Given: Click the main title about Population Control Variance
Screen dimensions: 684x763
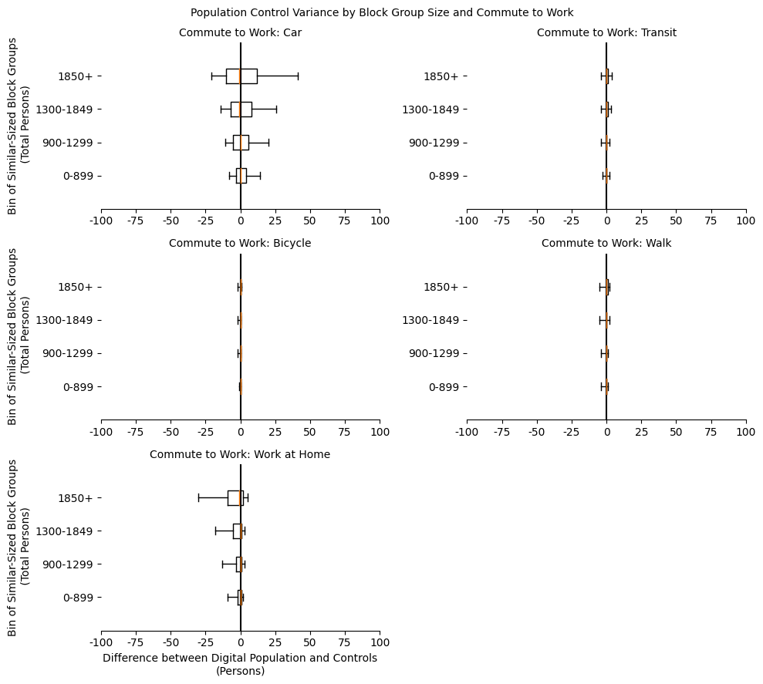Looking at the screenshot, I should pyautogui.click(x=381, y=12).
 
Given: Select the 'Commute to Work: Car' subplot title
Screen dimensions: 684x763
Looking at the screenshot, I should pyautogui.click(x=240, y=32).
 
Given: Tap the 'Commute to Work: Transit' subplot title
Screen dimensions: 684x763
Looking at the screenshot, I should pyautogui.click(x=606, y=32).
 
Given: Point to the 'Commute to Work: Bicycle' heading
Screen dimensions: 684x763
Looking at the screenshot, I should pyautogui.click(x=240, y=243).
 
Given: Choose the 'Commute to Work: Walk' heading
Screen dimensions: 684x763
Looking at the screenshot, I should pyautogui.click(x=606, y=243).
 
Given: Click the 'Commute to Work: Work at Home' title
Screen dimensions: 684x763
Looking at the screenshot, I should pyautogui.click(x=240, y=454).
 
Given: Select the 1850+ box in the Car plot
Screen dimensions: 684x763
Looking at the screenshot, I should pyautogui.click(x=241, y=76).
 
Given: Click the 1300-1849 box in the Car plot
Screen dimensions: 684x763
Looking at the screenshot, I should pyautogui.click(x=241, y=110).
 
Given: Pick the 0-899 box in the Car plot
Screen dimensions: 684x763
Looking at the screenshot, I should pyautogui.click(x=241, y=176).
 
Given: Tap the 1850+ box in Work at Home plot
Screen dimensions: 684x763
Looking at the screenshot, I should pyautogui.click(x=235, y=498).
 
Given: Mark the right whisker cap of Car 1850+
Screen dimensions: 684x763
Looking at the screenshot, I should pyautogui.click(x=298, y=76).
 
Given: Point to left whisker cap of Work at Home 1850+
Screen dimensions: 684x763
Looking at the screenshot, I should pyautogui.click(x=198, y=498).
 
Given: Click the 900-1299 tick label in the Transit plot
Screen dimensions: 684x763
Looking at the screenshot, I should pyautogui.click(x=434, y=143).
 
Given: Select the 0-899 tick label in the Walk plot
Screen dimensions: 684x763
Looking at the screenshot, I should pyautogui.click(x=444, y=387).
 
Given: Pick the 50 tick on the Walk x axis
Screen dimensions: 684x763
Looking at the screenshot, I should pyautogui.click(x=677, y=432).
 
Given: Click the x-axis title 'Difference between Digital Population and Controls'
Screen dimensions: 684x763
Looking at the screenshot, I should pyautogui.click(x=240, y=659).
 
